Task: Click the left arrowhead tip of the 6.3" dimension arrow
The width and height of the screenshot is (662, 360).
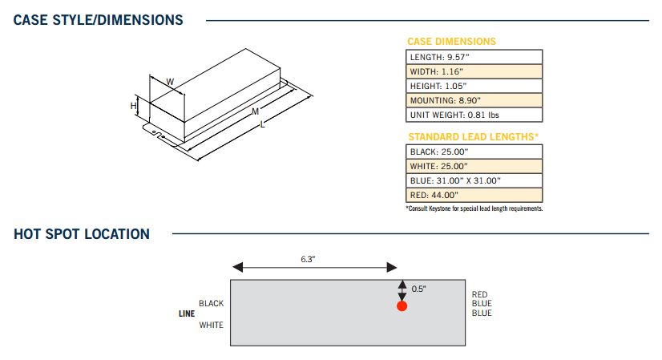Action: [233, 267]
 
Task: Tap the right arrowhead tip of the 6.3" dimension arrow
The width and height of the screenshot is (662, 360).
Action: [397, 267]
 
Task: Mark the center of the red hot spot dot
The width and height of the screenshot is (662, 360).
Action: [402, 306]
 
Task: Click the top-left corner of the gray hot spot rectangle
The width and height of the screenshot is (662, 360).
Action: [231, 280]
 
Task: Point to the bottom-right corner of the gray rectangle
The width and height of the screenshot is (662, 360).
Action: [466, 346]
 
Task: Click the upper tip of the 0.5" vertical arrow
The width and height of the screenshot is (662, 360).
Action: [402, 280]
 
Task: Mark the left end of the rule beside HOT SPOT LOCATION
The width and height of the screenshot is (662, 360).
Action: [172, 233]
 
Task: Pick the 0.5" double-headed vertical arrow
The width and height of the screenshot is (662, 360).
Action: [402, 291]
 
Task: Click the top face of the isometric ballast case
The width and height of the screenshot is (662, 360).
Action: [216, 84]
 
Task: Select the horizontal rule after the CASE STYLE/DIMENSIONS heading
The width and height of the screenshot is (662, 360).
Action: [427, 20]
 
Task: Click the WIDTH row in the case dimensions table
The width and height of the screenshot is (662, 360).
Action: [474, 71]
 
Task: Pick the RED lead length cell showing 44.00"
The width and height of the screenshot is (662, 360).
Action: [474, 195]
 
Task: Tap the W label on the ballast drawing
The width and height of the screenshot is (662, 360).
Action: [170, 82]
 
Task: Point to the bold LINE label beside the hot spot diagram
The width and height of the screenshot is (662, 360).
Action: [187, 313]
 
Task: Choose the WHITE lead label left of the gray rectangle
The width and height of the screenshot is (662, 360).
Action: [212, 325]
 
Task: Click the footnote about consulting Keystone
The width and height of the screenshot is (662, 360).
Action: [474, 208]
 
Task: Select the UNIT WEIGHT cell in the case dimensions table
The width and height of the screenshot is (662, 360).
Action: [474, 115]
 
